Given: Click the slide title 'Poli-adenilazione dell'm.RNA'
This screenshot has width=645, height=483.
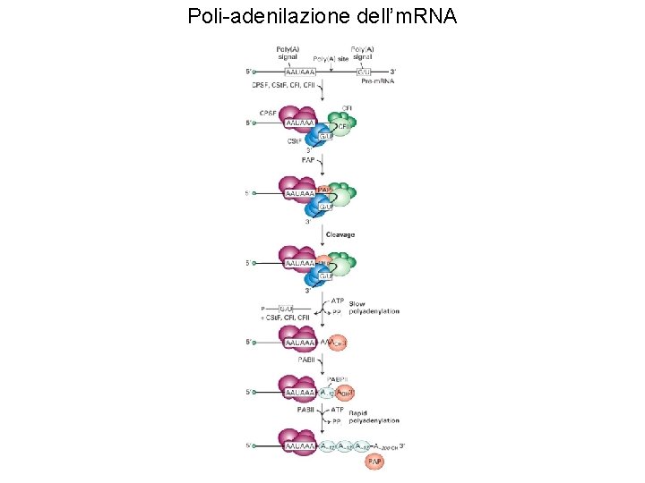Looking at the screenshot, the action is pos(322,15).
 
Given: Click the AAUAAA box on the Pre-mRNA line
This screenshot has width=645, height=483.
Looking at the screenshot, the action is pos(300,71).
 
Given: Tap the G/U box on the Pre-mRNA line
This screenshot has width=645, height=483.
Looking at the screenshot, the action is pos(365,71).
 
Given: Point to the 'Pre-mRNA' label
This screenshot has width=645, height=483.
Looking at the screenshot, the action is pos(377,80).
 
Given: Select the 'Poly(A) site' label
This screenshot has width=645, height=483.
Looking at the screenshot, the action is pos(331,58).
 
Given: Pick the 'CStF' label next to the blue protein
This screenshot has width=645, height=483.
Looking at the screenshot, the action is pos(294,140).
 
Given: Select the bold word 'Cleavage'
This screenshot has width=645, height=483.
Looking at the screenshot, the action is pos(340,234).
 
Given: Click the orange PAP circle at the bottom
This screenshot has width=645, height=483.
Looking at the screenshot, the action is pos(375,462).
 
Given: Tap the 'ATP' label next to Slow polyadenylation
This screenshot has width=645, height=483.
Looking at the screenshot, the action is pos(338,301).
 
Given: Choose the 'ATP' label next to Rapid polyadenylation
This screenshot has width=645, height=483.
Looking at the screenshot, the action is pos(338,410).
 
